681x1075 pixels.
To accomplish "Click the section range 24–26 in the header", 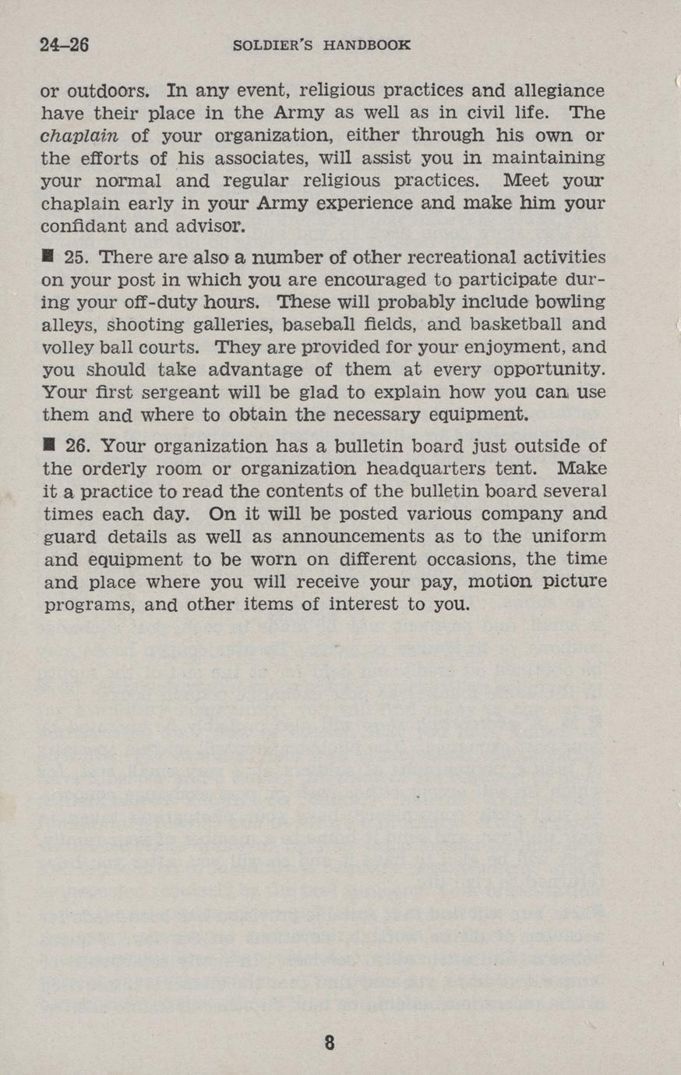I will [65, 44].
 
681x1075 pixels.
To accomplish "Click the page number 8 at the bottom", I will [330, 1042].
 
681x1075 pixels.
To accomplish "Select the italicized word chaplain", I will [79, 136].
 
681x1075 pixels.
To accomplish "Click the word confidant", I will [77, 228].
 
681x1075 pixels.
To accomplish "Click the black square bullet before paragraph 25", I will [48, 256].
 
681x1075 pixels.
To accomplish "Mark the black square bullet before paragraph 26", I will [48, 446].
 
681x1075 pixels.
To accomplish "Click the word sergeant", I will [185, 392].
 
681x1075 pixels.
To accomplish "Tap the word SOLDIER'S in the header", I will [273, 45].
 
